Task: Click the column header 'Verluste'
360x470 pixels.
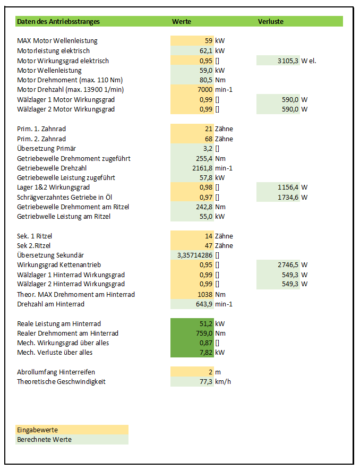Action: coord(270,22)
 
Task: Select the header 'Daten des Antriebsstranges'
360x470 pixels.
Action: coord(58,22)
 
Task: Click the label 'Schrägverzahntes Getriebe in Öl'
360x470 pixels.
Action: coord(64,197)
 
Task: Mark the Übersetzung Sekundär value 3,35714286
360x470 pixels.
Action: coord(195,255)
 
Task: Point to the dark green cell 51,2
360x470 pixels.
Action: coord(205,323)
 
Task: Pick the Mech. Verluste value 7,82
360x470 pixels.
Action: coord(205,353)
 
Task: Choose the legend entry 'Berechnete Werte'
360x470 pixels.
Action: coord(44,440)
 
